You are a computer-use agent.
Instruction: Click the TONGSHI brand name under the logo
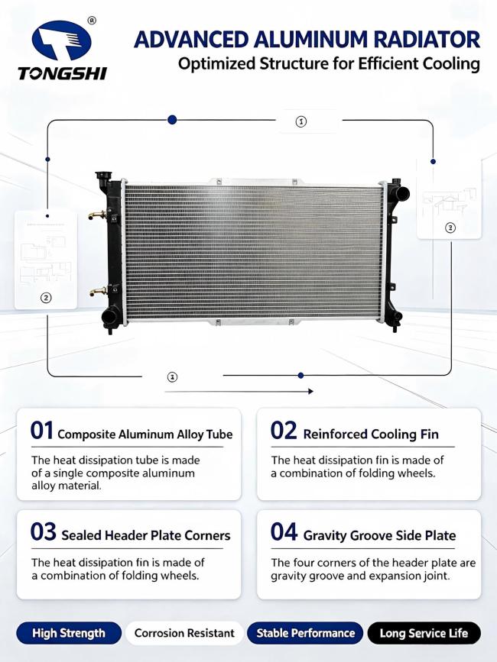click(x=62, y=73)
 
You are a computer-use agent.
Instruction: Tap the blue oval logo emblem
click(x=62, y=41)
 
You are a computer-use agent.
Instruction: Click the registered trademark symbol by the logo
click(x=92, y=20)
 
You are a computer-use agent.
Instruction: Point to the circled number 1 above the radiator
click(x=300, y=121)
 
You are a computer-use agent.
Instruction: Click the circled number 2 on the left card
click(x=46, y=298)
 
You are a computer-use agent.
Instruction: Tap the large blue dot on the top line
click(x=172, y=119)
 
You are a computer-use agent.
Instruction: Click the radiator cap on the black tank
click(x=102, y=176)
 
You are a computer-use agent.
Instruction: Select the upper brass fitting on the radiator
click(x=97, y=215)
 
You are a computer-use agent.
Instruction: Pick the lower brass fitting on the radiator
click(x=98, y=292)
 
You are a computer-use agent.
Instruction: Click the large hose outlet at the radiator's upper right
click(x=401, y=193)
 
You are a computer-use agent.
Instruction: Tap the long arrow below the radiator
click(x=239, y=392)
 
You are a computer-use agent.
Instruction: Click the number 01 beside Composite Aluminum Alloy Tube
click(x=41, y=431)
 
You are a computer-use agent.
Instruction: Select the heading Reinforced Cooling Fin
click(x=371, y=434)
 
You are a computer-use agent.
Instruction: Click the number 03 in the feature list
click(x=43, y=531)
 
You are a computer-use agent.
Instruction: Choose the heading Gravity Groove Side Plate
click(x=379, y=535)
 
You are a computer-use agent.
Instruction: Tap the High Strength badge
click(x=69, y=633)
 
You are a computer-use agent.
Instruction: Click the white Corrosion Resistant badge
click(x=184, y=633)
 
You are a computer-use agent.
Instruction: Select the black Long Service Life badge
click(x=424, y=633)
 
